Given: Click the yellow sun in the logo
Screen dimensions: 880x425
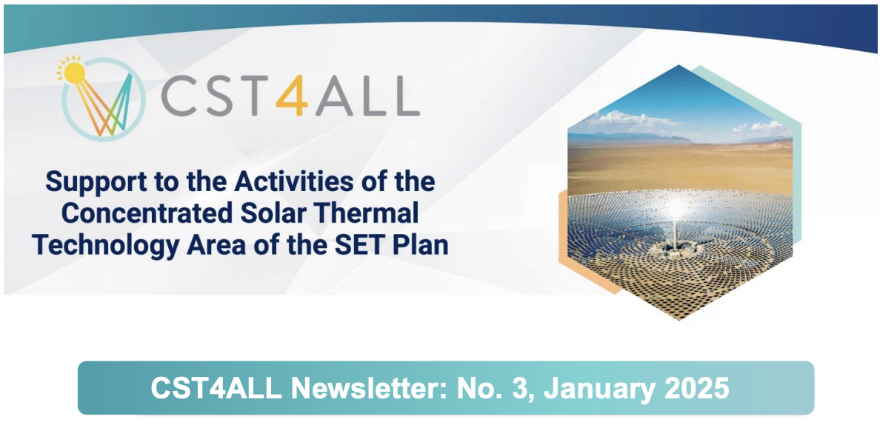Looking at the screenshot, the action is click(x=74, y=73).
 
